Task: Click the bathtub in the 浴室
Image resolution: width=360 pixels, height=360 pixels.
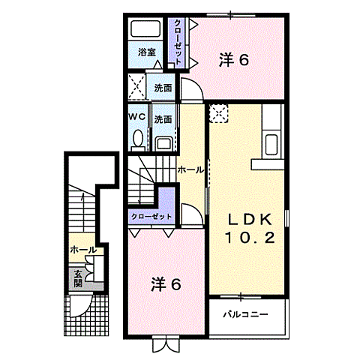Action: (x=145, y=28)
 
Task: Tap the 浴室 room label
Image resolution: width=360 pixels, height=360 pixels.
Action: (x=147, y=52)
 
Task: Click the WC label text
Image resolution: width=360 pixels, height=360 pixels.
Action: (x=136, y=116)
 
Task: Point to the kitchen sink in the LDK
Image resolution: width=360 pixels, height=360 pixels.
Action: (x=271, y=144)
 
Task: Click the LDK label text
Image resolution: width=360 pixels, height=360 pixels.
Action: (x=250, y=219)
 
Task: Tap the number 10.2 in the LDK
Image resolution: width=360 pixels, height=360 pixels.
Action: (x=250, y=238)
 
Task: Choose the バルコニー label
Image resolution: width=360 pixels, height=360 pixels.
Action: (x=246, y=314)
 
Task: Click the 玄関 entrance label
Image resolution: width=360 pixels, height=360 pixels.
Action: (x=77, y=279)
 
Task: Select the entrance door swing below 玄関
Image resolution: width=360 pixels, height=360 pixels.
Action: (x=81, y=306)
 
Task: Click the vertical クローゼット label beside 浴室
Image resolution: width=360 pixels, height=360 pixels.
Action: (x=177, y=42)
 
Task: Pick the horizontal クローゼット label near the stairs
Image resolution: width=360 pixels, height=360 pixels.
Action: (x=151, y=217)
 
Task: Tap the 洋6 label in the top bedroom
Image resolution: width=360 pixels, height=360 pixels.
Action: (x=234, y=60)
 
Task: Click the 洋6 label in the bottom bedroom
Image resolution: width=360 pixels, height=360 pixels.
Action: (x=166, y=284)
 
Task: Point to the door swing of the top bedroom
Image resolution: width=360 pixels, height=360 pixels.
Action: (x=191, y=89)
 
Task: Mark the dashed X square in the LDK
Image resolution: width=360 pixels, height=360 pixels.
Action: (x=219, y=114)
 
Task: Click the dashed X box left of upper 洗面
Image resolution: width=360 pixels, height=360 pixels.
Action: (x=136, y=86)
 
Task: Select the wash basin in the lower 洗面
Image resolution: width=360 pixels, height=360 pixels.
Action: (x=164, y=145)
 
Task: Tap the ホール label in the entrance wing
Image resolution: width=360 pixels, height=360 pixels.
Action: (x=83, y=250)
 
